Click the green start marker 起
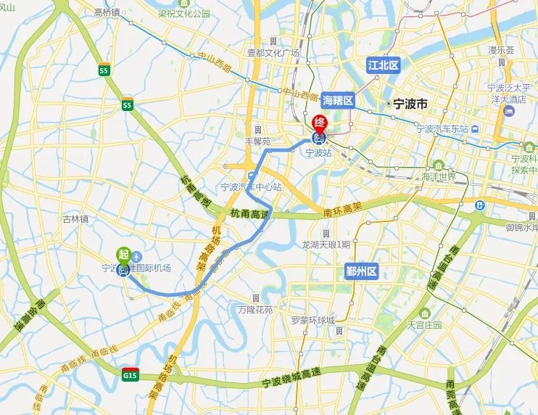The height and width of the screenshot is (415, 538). click(123, 254)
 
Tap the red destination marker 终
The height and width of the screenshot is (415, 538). click(320, 123)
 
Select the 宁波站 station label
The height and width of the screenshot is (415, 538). click(318, 153)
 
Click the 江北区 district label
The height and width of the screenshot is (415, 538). click(383, 65)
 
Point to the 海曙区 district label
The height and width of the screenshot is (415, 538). click(337, 101)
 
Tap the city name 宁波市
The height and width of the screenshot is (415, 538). click(409, 104)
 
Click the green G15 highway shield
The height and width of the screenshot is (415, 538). click(130, 376)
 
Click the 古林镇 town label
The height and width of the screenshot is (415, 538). click(75, 218)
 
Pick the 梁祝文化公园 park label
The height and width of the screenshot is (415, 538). click(185, 14)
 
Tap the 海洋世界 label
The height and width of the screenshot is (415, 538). click(439, 176)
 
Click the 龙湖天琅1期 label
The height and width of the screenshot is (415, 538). click(326, 245)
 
